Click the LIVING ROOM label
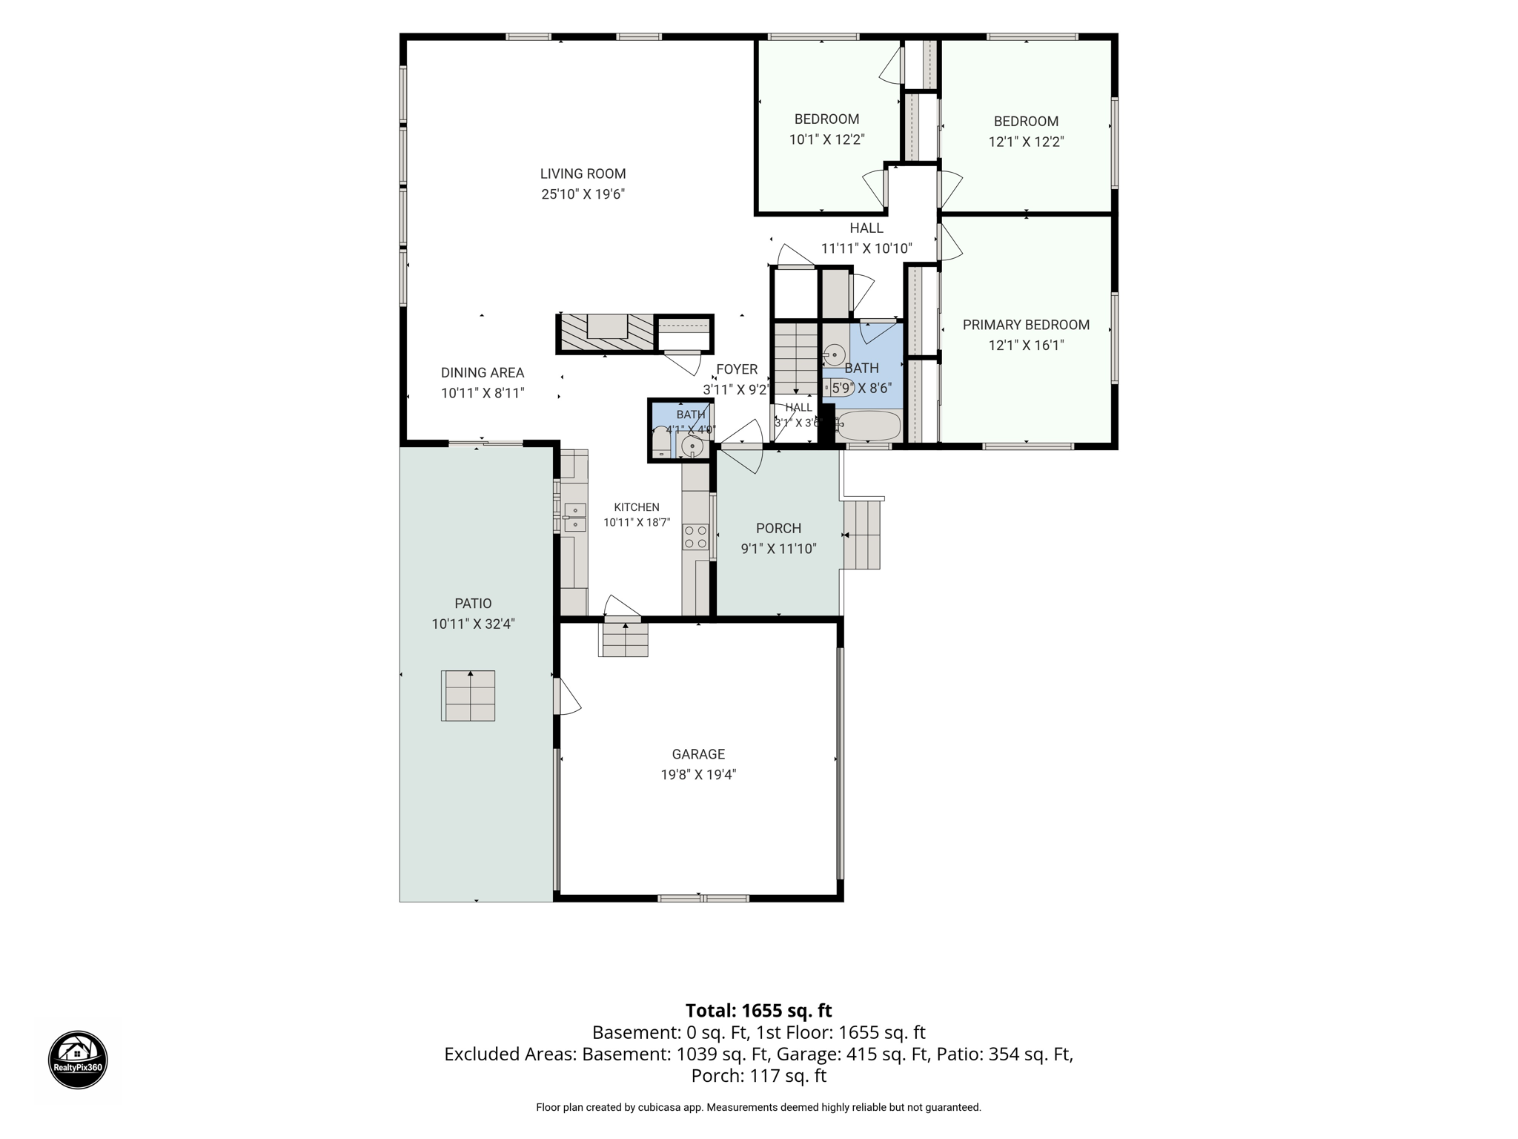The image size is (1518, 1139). pyautogui.click(x=583, y=174)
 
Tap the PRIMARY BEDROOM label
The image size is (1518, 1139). pyautogui.click(x=1026, y=325)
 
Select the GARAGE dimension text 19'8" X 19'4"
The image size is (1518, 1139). pyautogui.click(x=698, y=775)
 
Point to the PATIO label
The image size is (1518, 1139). pyautogui.click(x=473, y=604)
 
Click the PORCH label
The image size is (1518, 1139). pyautogui.click(x=778, y=528)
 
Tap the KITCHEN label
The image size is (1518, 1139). pyautogui.click(x=637, y=507)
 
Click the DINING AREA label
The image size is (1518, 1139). pyautogui.click(x=483, y=373)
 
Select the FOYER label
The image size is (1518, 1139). pyautogui.click(x=737, y=369)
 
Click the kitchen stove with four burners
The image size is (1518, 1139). pyautogui.click(x=695, y=537)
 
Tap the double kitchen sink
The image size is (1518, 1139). pyautogui.click(x=574, y=517)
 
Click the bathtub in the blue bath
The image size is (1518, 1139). pyautogui.click(x=868, y=426)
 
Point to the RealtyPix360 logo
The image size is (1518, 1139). pyautogui.click(x=78, y=1060)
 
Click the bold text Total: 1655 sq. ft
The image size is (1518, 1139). pyautogui.click(x=758, y=1011)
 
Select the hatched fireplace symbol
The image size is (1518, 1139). pyautogui.click(x=606, y=333)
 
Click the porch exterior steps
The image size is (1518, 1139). pyautogui.click(x=861, y=535)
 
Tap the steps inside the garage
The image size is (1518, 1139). pyautogui.click(x=625, y=639)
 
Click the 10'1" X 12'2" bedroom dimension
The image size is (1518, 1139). pyautogui.click(x=826, y=139)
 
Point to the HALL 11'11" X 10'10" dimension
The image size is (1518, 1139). pyautogui.click(x=866, y=248)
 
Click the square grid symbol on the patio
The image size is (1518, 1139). pyautogui.click(x=468, y=696)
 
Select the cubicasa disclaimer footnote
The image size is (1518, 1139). pyautogui.click(x=758, y=1107)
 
